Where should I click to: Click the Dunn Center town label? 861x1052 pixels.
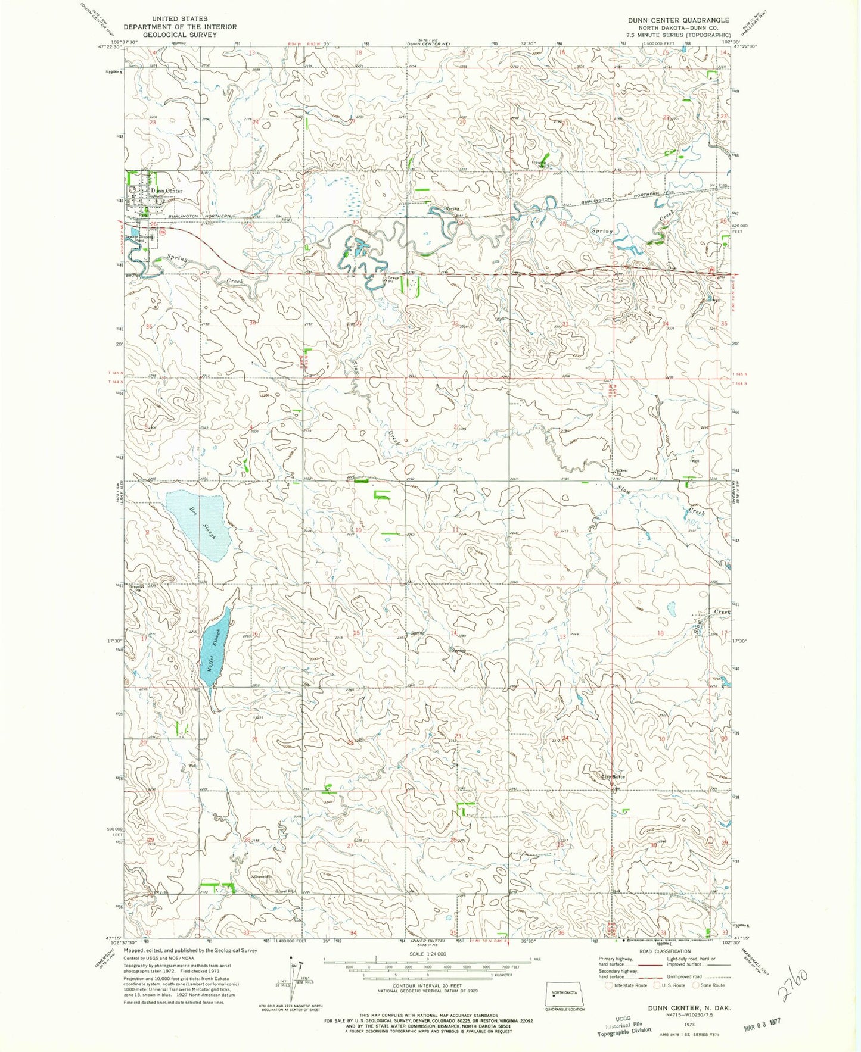click(x=166, y=191)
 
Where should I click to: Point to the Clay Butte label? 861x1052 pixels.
click(x=613, y=777)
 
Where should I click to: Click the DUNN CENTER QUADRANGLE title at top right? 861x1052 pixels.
click(x=678, y=20)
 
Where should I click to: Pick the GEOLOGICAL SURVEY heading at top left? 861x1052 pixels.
click(x=179, y=35)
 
